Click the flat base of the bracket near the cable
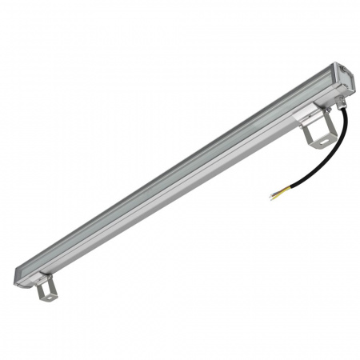(x=318, y=142)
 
